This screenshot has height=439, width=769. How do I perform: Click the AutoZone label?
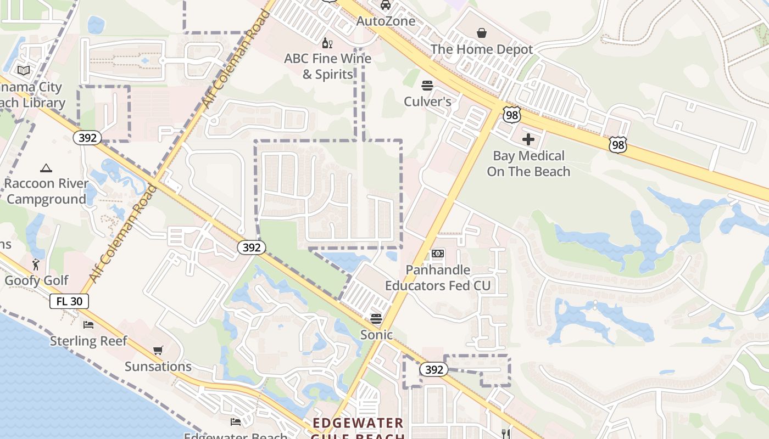386,21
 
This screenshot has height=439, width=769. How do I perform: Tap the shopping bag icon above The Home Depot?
482,33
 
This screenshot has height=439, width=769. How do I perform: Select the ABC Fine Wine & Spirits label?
328,66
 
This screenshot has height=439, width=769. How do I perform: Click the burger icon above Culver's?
427,86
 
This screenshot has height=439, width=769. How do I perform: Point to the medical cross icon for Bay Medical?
528,139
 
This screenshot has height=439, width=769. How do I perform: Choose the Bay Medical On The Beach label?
528,164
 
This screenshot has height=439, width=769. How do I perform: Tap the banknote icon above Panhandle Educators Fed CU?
438,254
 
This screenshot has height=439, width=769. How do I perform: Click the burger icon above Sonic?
376,319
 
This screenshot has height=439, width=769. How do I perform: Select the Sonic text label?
376,335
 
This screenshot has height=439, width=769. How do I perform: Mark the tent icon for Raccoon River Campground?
46,168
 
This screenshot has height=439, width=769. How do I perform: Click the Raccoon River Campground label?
47,191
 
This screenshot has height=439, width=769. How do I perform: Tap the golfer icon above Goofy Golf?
36,264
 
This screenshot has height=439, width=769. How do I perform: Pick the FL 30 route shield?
69,301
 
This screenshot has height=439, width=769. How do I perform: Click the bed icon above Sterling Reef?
88,325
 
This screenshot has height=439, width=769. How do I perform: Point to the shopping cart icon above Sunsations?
158,350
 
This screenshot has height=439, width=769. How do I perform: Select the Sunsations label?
158,367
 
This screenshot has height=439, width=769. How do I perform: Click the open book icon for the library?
23,70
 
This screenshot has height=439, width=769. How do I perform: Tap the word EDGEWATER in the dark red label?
358,423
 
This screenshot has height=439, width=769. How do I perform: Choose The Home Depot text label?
482,49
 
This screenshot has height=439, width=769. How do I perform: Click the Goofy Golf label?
36,281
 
